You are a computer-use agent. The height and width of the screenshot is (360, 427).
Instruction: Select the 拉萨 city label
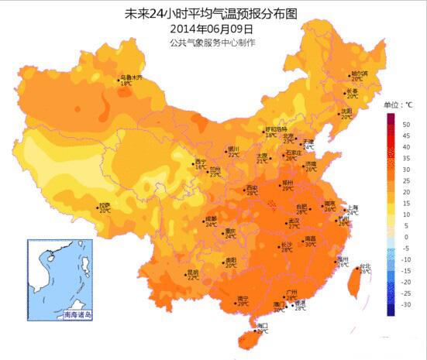[x=104, y=206]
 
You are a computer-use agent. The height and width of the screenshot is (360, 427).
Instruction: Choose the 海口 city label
[x=262, y=326]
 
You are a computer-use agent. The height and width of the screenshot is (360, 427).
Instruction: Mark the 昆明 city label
[x=193, y=272]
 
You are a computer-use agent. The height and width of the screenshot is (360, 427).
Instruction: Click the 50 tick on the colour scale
[x=405, y=123]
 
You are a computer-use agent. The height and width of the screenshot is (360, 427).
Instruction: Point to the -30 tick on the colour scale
[x=405, y=307]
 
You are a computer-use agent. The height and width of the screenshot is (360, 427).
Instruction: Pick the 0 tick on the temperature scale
[x=405, y=237]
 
